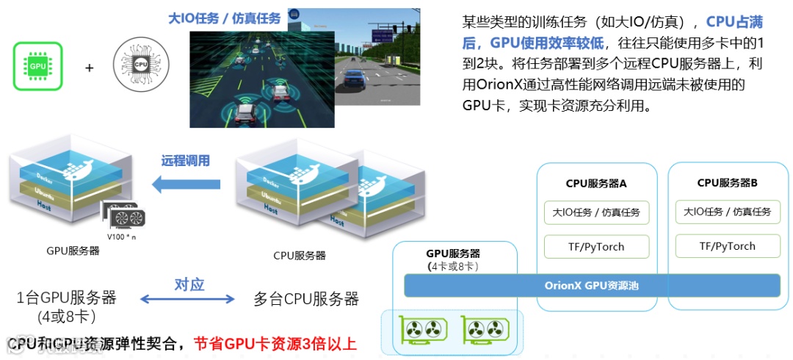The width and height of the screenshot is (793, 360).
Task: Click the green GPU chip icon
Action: [37, 66]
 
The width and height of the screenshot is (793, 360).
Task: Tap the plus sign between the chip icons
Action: [90, 68]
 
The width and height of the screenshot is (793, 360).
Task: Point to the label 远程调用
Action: [186, 160]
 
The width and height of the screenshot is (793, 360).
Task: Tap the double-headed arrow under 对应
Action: [187, 299]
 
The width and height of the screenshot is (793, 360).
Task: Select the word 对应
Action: [189, 284]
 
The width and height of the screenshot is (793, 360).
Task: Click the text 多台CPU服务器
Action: [306, 299]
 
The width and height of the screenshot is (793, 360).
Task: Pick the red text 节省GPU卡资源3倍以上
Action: [275, 343]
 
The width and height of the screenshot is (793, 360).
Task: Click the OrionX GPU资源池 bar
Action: [592, 285]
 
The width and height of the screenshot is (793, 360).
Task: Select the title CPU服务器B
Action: [727, 182]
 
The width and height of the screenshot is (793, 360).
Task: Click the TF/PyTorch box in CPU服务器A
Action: [596, 246]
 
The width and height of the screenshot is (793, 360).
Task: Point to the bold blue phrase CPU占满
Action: [734, 23]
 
